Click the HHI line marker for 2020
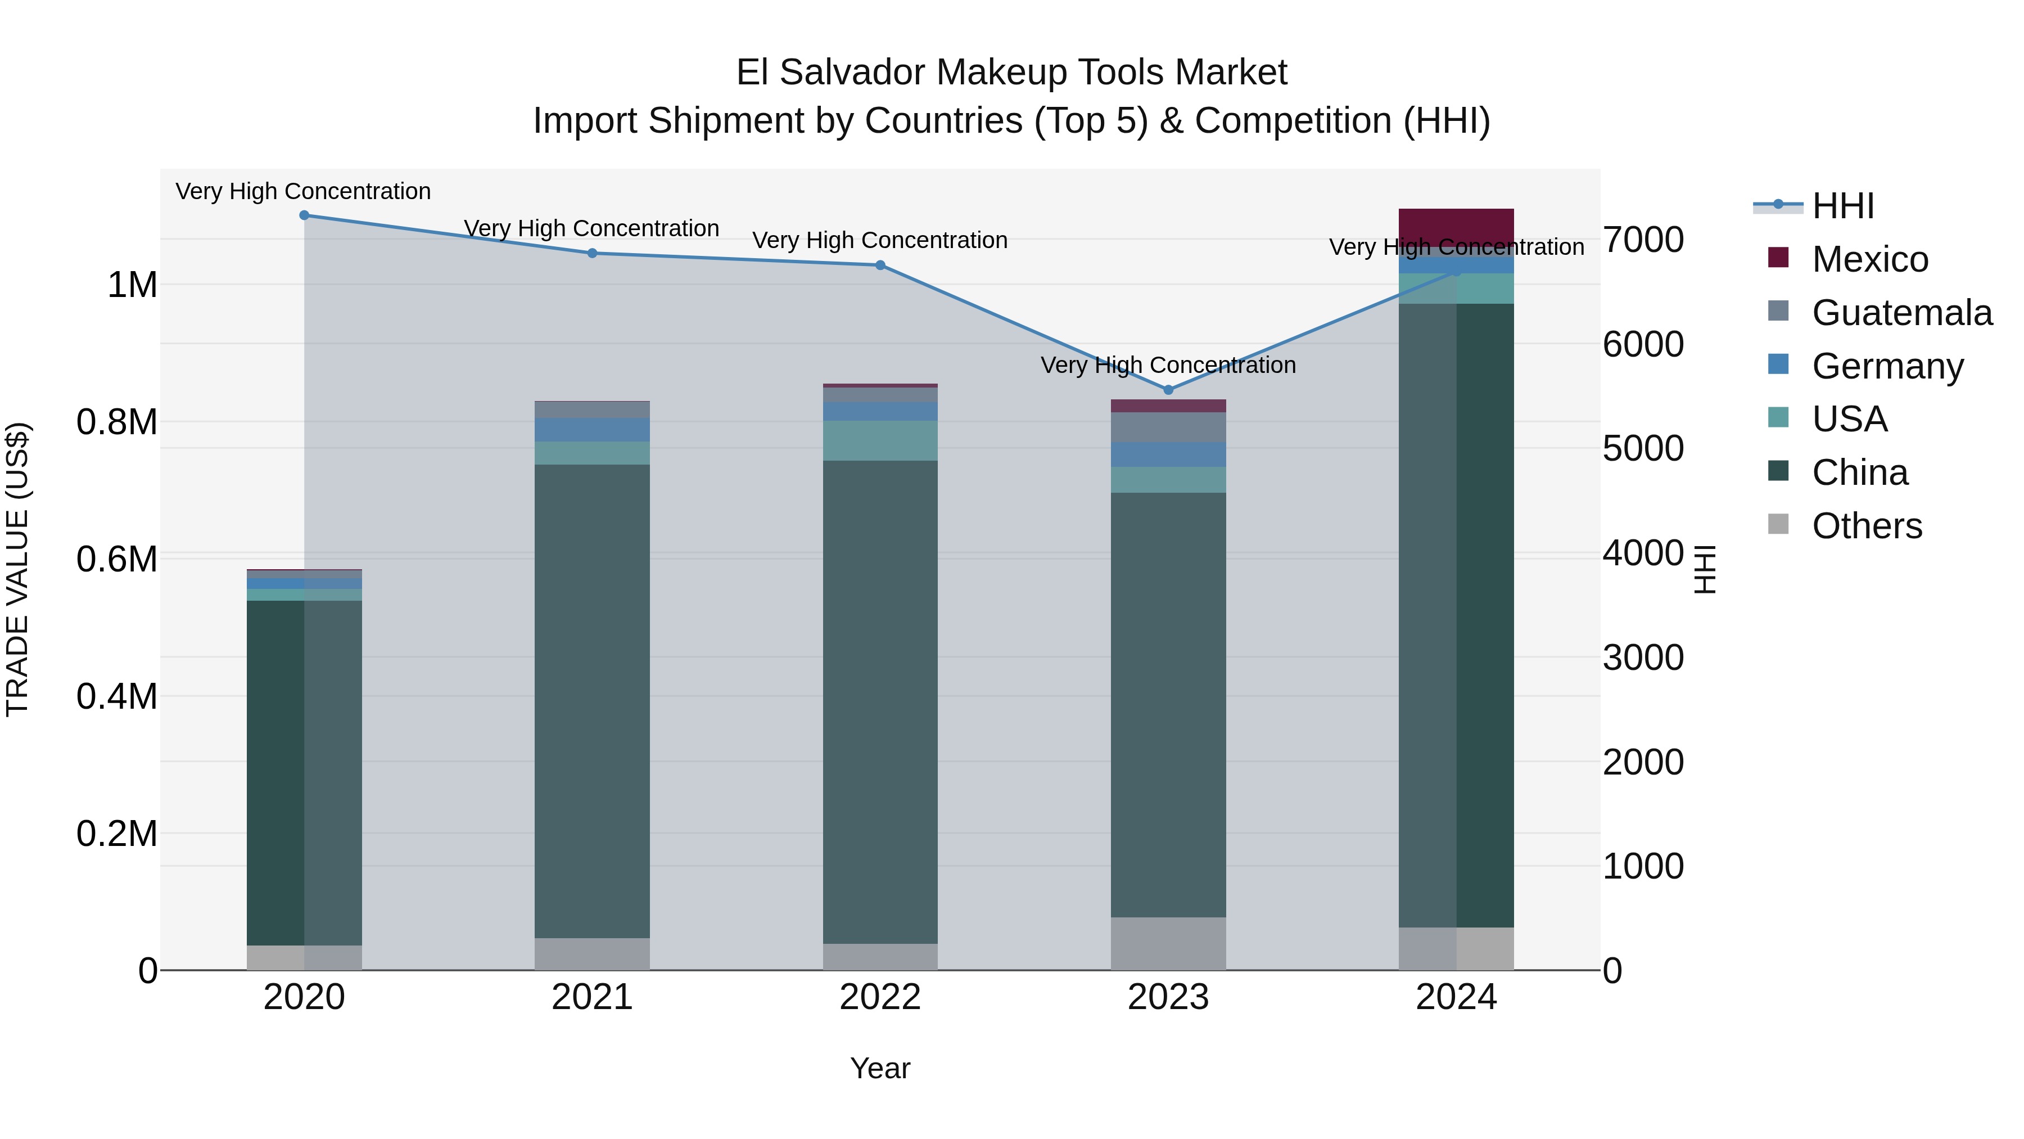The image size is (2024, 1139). coord(304,215)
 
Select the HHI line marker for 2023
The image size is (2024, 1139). coord(1168,390)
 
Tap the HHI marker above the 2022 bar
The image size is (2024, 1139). coord(880,265)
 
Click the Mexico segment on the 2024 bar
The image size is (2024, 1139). coord(1456,228)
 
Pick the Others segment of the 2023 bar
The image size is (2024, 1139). coord(1168,943)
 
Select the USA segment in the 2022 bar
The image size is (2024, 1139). coord(880,440)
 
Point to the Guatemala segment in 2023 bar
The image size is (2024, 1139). coord(1168,427)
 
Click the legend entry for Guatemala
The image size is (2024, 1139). coord(1901,312)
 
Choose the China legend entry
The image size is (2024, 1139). coord(1859,472)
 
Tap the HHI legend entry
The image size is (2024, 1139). coord(1842,206)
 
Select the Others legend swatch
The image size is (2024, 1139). coord(1778,524)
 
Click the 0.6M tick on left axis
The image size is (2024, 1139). coord(116,559)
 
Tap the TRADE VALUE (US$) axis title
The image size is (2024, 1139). coord(17,569)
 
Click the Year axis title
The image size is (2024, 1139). coord(880,1068)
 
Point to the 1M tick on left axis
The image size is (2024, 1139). coord(132,285)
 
